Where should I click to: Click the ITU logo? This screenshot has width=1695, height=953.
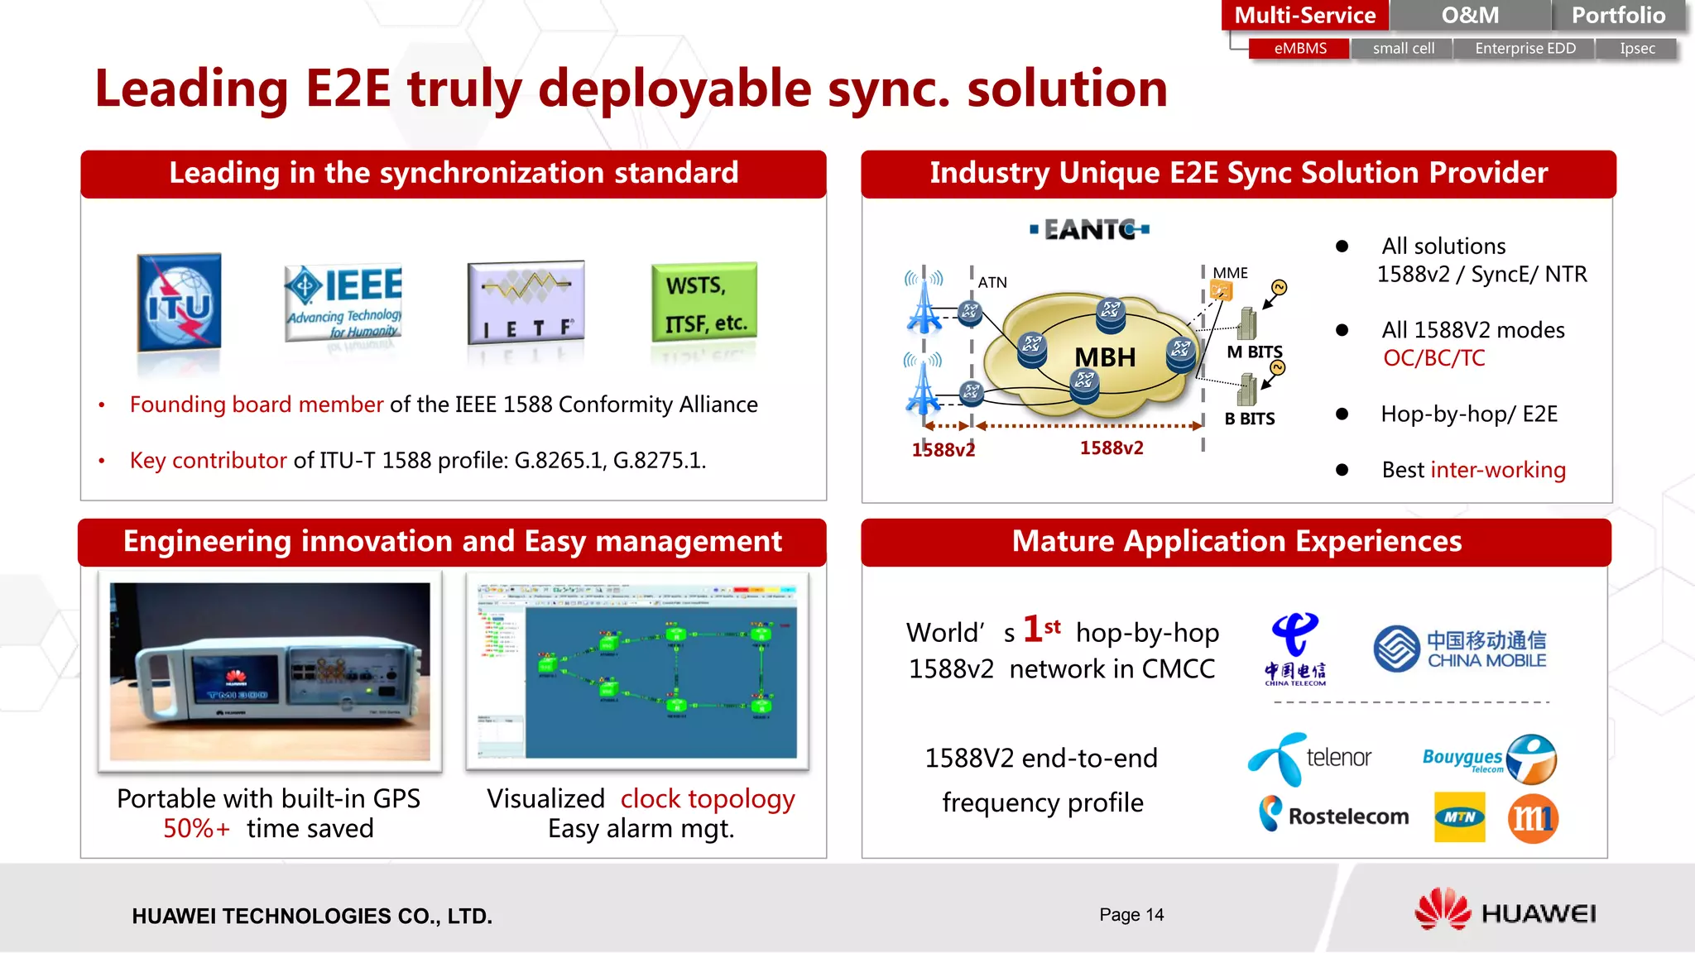point(180,304)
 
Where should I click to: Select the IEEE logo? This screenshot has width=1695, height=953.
point(343,303)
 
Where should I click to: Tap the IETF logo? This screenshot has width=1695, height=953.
point(526,303)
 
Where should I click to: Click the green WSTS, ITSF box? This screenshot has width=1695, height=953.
point(704,303)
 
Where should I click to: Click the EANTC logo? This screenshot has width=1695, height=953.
point(1089,229)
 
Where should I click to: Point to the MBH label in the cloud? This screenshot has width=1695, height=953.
point(1105,357)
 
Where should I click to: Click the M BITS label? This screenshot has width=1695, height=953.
point(1254,352)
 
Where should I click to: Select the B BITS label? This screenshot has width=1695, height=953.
point(1250,419)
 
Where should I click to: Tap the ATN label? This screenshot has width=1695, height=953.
point(992,283)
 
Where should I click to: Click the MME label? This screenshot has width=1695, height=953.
point(1230,273)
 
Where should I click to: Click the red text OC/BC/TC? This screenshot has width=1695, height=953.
point(1434,358)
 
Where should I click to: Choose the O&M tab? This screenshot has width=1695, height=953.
point(1470,16)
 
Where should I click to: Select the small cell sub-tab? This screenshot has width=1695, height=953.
point(1403,49)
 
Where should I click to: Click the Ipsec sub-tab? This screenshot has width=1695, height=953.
point(1637,49)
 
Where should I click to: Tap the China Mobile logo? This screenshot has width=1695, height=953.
point(1460,649)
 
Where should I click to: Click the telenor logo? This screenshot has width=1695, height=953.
point(1310,758)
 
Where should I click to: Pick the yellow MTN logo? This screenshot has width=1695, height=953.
point(1459,817)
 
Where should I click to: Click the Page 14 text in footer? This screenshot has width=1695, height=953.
point(1131,915)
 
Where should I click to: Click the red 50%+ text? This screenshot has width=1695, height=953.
point(196,829)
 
